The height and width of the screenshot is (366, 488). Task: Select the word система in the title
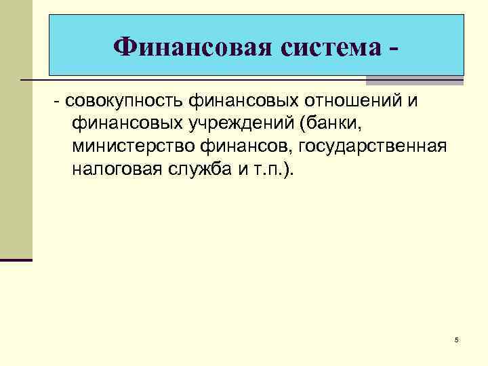[x=332, y=47]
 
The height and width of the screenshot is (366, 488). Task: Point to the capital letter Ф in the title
[x=125, y=47]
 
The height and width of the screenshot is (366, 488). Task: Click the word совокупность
[x=124, y=102]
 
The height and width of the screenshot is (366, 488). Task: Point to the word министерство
[x=127, y=146]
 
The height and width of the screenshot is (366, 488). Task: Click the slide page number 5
[x=457, y=339]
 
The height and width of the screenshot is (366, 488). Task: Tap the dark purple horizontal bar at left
[x=16, y=260]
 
